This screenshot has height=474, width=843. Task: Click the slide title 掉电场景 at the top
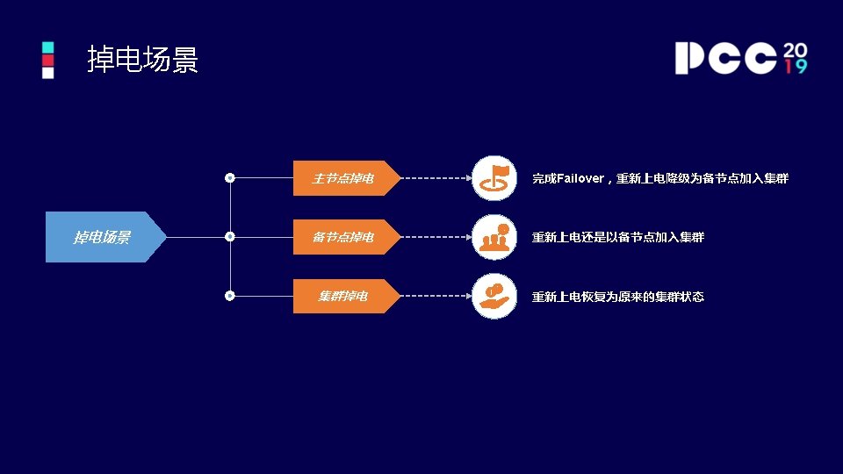point(143,60)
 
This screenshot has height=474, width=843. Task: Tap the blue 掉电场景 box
point(104,237)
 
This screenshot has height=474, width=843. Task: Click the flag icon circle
point(494,178)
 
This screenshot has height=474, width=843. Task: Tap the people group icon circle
point(494,237)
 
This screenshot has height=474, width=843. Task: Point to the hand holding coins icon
point(494,297)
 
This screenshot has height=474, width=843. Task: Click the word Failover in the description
point(580,178)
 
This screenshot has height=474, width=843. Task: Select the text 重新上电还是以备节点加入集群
point(617,237)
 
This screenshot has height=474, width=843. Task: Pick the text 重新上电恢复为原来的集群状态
point(617,297)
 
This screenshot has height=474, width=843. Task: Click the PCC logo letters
point(725,58)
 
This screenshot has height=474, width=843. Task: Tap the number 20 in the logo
point(795,48)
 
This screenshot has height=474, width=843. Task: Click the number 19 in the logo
point(796,67)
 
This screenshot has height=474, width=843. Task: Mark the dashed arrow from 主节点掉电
point(436,178)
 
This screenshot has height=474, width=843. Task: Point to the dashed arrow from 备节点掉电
point(436,237)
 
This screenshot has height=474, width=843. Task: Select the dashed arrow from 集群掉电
point(436,297)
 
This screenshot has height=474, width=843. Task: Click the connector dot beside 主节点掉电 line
point(230,178)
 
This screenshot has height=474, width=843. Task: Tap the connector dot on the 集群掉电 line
point(230,296)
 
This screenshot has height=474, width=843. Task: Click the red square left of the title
point(48,60)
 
